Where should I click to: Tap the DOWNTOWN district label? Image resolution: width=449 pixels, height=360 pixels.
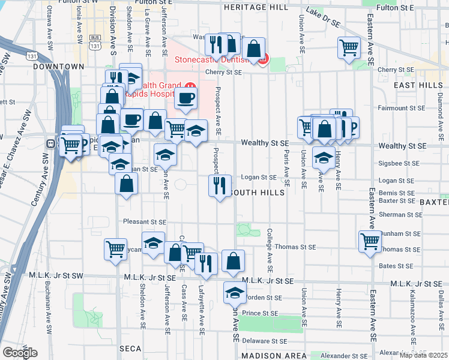pyautogui.click(x=58, y=67)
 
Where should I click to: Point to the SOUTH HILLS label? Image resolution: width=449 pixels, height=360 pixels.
pyautogui.click(x=257, y=193)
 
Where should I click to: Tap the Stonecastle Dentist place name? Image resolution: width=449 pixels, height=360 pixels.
pyautogui.click(x=212, y=60)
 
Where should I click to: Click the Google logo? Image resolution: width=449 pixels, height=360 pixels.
pyautogui.click(x=20, y=353)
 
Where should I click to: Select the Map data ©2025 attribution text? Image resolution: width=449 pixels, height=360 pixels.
pyautogui.click(x=423, y=355)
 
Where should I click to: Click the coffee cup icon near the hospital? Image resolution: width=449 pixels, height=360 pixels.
pyautogui.click(x=186, y=98)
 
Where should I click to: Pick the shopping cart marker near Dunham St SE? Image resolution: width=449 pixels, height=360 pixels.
pyautogui.click(x=370, y=241)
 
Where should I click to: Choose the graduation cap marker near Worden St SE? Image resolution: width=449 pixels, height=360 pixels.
pyautogui.click(x=235, y=292)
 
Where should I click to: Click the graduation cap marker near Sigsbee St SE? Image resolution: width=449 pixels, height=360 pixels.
pyautogui.click(x=324, y=158)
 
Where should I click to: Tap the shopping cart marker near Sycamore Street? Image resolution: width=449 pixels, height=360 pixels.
pyautogui.click(x=115, y=249)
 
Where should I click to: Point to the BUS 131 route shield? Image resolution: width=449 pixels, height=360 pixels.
pyautogui.click(x=94, y=40)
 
